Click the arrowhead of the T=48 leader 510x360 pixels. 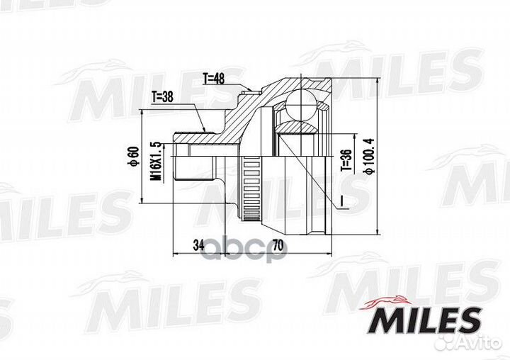point(249,90)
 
